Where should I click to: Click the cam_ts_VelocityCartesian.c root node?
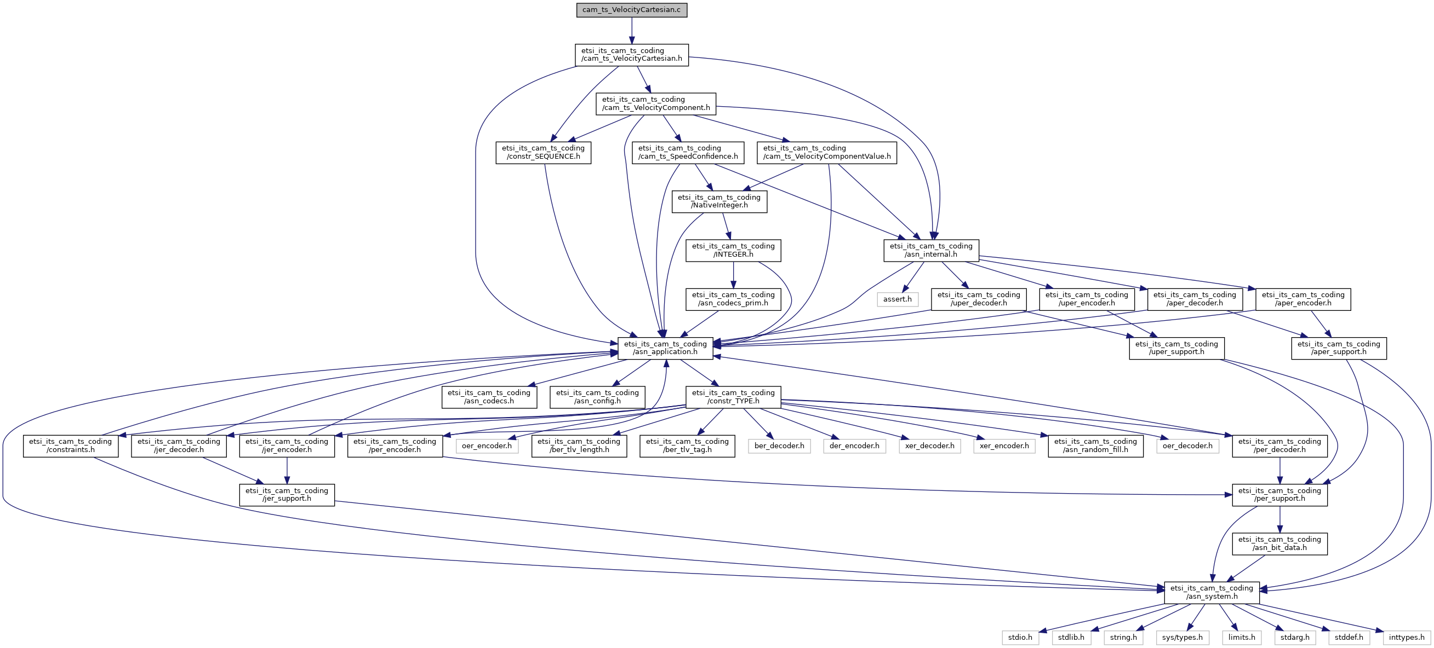tap(631, 10)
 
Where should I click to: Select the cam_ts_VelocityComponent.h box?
tap(656, 104)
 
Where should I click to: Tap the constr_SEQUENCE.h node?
tap(543, 152)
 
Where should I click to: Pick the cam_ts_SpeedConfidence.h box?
tap(688, 152)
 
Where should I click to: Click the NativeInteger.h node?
tap(719, 201)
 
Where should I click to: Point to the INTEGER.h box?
tap(733, 250)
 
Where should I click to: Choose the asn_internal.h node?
tap(931, 250)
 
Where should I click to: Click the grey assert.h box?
tap(898, 299)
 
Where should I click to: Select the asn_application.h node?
tap(665, 348)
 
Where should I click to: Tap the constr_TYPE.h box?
tap(733, 397)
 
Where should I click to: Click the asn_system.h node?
tap(1212, 592)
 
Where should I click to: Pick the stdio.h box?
tap(1020, 638)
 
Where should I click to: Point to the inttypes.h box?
tap(1406, 638)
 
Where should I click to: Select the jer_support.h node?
tap(287, 494)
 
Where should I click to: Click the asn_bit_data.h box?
tap(1279, 543)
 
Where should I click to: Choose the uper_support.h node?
tap(1176, 348)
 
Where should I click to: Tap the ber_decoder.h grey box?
tap(779, 445)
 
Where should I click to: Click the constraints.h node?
tap(70, 445)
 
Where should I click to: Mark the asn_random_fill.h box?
tap(1095, 445)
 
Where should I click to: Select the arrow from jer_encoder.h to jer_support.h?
tap(287, 471)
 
